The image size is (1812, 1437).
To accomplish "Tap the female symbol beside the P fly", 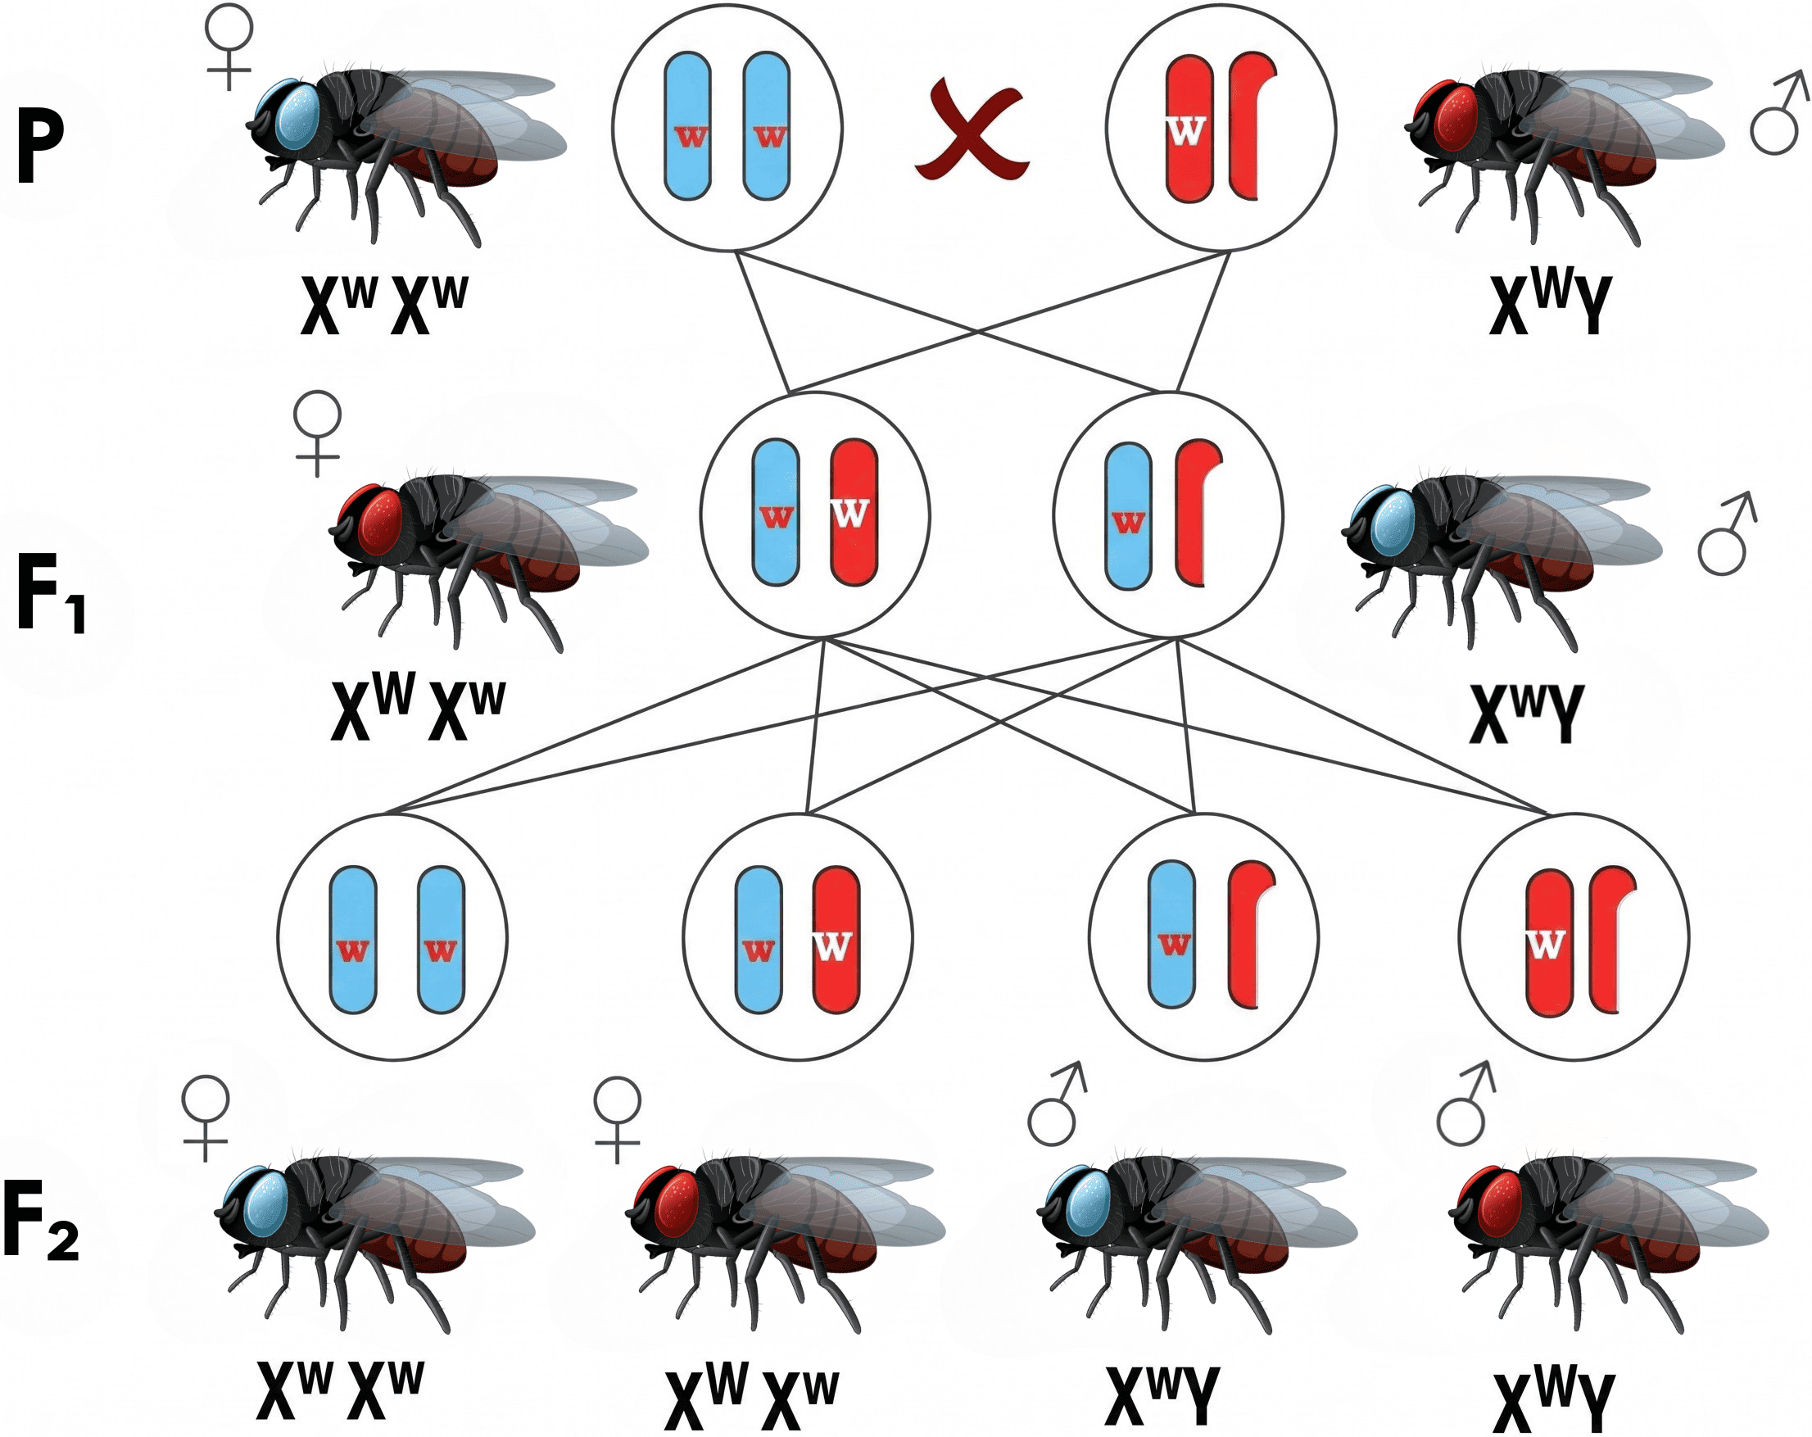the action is pyautogui.click(x=229, y=46).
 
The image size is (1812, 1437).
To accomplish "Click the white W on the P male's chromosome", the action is pyautogui.click(x=1186, y=130).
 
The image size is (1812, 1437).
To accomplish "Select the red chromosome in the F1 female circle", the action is pyautogui.click(x=854, y=511).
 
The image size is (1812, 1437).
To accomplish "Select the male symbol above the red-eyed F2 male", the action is pyautogui.click(x=1465, y=1104).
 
